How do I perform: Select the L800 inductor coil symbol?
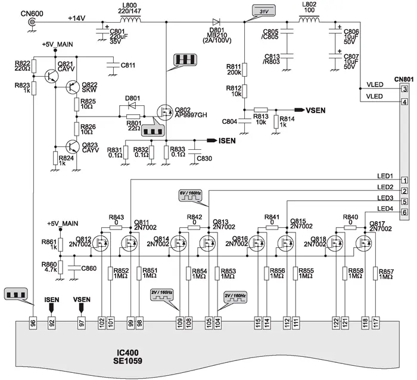coord(129,22)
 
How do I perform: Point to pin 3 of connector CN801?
coord(404,89)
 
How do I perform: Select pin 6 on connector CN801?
coord(404,212)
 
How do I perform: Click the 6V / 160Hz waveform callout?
coord(190,194)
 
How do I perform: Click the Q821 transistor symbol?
coord(51,75)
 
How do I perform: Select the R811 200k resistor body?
coord(245,70)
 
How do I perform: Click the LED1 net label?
coord(384,176)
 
